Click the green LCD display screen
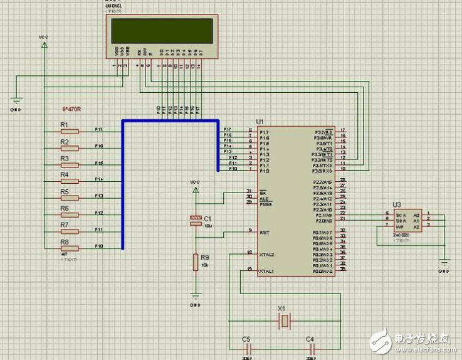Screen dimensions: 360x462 click(162, 30)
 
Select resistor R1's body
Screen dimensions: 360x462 click(70, 132)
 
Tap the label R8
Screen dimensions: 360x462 click(64, 241)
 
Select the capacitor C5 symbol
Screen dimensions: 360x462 click(248, 347)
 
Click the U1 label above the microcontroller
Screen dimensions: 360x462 click(260, 120)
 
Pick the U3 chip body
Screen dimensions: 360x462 click(407, 220)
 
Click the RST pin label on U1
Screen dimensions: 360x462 click(264, 231)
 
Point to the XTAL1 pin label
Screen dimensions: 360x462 click(266, 271)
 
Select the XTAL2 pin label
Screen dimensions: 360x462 click(266, 255)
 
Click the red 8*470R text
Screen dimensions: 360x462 click(71, 109)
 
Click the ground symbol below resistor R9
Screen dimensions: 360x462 click(195, 297)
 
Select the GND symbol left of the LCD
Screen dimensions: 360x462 click(16, 100)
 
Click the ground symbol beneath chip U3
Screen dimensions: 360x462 click(444, 263)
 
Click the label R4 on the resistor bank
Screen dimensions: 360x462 click(64, 175)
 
